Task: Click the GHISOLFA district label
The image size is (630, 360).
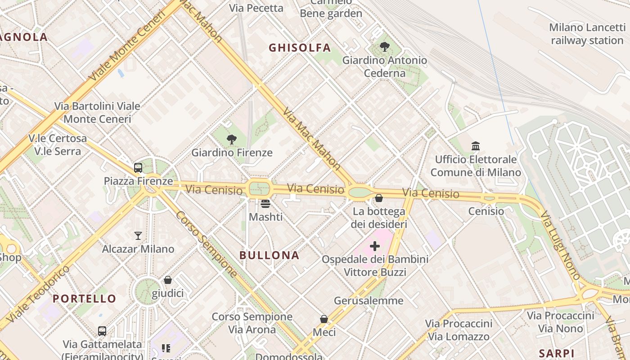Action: [x=300, y=48]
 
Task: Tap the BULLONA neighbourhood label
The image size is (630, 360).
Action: [x=269, y=256]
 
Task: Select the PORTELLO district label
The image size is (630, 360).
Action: [x=84, y=298]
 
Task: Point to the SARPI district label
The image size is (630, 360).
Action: [x=557, y=353]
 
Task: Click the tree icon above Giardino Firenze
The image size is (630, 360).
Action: [x=232, y=139]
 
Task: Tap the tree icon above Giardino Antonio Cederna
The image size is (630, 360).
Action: [x=385, y=46]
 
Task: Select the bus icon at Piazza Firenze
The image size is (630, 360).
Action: [x=138, y=168]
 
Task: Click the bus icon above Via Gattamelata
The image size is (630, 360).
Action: [x=102, y=331]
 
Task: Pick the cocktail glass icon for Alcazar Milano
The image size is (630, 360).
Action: [x=138, y=235]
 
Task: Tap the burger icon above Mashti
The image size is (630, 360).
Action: [x=265, y=204]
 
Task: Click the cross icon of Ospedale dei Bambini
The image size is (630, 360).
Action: [x=375, y=246]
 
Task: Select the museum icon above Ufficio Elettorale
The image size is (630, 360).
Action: [x=476, y=146]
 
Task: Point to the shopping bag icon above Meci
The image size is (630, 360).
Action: [x=324, y=319]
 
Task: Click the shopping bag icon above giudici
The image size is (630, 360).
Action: [x=168, y=280]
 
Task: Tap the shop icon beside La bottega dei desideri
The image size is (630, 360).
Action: [x=379, y=198]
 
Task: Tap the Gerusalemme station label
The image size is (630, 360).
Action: [x=369, y=301]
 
